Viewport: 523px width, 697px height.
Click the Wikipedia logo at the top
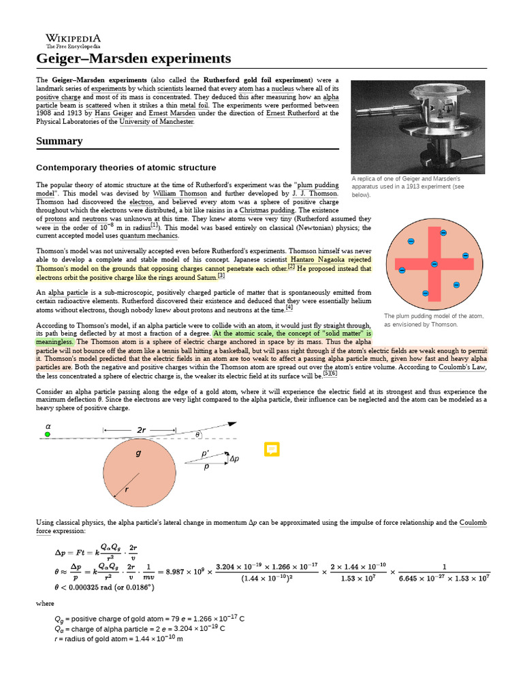(x=73, y=41)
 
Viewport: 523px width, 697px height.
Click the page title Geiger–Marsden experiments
(x=133, y=59)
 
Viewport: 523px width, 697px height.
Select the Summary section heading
(x=59, y=141)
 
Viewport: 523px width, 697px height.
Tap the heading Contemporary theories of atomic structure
(x=126, y=167)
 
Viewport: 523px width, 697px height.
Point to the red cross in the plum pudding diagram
(x=434, y=263)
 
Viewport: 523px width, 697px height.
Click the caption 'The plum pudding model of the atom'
(x=433, y=316)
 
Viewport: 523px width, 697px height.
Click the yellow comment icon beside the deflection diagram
(x=272, y=449)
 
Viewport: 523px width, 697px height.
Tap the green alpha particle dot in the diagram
(x=48, y=434)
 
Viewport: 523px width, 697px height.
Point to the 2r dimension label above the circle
(x=142, y=430)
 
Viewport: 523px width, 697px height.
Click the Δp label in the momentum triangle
(x=234, y=459)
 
